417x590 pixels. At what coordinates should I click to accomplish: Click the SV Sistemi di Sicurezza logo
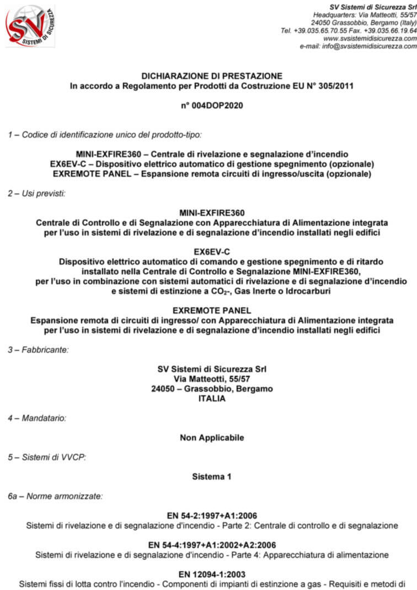(30, 26)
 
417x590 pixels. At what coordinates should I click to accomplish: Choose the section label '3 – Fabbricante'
(39, 349)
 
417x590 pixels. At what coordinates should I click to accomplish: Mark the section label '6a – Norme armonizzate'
(55, 496)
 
